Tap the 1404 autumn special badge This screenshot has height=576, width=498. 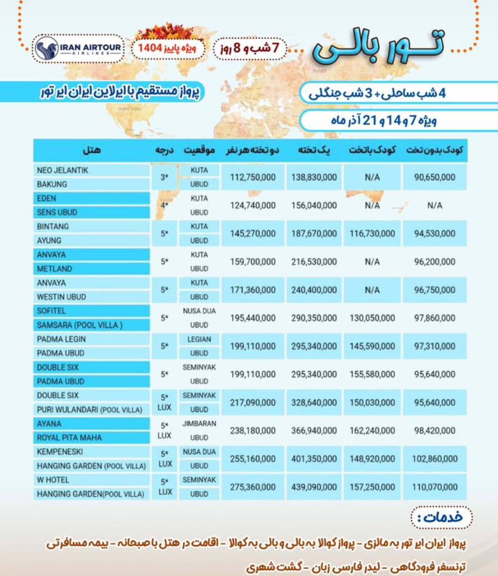(x=168, y=48)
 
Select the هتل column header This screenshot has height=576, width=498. (x=91, y=150)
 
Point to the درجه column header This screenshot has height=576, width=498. (x=164, y=150)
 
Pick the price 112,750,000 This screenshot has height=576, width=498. (x=253, y=177)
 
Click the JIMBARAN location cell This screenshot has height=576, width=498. (x=199, y=423)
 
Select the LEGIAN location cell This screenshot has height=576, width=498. (x=199, y=339)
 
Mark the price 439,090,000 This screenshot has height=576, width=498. (x=314, y=487)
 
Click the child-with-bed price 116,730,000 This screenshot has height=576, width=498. (x=372, y=234)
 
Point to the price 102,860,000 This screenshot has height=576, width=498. (x=435, y=459)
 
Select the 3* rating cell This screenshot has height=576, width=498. (x=164, y=177)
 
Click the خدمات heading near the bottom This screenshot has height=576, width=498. (x=441, y=517)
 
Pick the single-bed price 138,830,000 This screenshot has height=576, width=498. (x=314, y=177)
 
